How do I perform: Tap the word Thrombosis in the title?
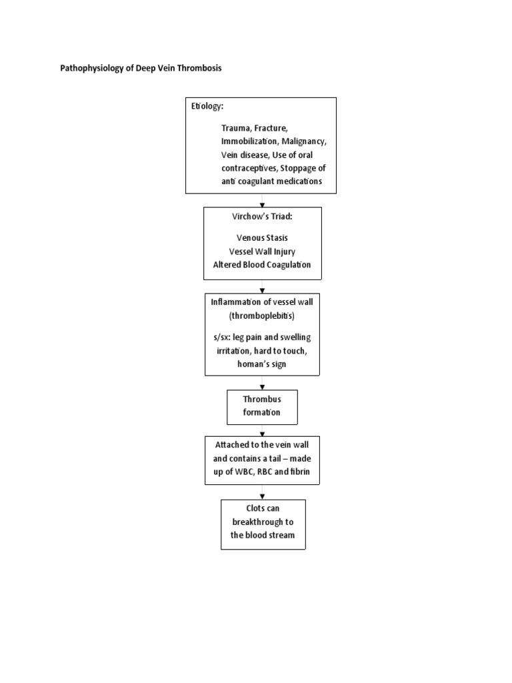199,68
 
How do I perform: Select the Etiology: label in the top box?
208,107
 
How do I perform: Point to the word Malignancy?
304,142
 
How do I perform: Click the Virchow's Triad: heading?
262,217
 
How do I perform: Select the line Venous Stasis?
262,238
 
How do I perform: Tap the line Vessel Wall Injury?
262,251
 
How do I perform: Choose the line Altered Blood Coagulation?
262,265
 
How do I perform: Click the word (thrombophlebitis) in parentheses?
262,315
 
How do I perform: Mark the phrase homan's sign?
262,364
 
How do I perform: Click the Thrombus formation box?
262,406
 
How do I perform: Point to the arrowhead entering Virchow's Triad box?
262,204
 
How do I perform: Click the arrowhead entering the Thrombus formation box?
262,387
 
